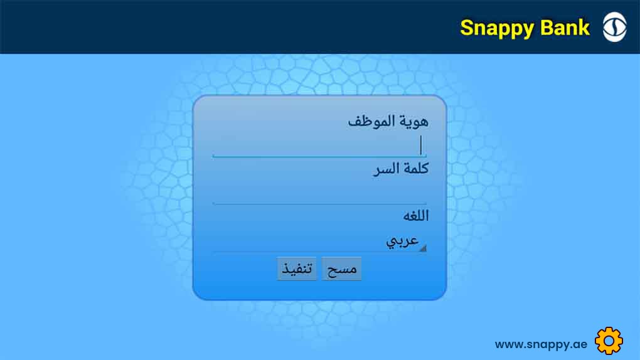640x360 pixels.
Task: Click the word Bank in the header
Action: click(565, 28)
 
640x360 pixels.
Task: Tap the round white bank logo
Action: click(615, 27)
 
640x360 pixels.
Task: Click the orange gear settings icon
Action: click(609, 341)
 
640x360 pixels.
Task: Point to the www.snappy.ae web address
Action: click(541, 344)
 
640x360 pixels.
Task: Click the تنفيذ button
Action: click(297, 268)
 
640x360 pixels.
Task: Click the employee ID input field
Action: click(319, 146)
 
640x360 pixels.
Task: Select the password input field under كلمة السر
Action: click(319, 193)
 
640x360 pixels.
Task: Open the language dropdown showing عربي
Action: click(319, 241)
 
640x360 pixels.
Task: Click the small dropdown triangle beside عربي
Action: click(423, 248)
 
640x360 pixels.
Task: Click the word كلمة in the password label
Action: click(415, 168)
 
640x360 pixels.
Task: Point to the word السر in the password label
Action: click(386, 169)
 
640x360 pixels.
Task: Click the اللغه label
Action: click(416, 216)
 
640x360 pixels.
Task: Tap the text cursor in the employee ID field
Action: click(421, 146)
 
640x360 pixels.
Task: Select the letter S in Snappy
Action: click(467, 28)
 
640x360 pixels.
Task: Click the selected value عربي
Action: click(402, 241)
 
